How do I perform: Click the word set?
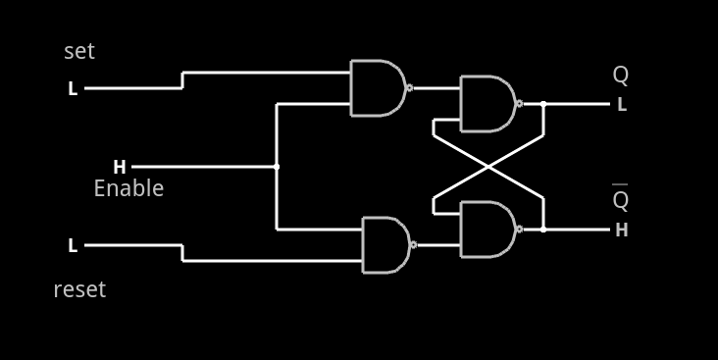coord(79,51)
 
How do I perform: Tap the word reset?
coord(79,289)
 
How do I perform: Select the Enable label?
coord(128,188)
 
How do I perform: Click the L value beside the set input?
coord(73,88)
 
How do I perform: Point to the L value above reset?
coord(73,245)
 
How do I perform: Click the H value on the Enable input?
coord(120,167)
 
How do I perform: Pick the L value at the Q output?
coord(622,105)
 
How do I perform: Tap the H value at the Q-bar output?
coord(622,231)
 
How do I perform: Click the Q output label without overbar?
coord(621,76)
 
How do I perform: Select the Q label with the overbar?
coord(621,200)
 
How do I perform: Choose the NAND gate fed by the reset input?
coord(385,245)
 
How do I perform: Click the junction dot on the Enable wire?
coord(277,167)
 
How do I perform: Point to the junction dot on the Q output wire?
coord(543,103)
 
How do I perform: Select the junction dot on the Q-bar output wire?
coord(543,230)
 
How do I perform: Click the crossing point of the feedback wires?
coord(488,167)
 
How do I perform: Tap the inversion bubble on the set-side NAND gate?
coord(409,88)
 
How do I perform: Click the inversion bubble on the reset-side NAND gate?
coord(414,245)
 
